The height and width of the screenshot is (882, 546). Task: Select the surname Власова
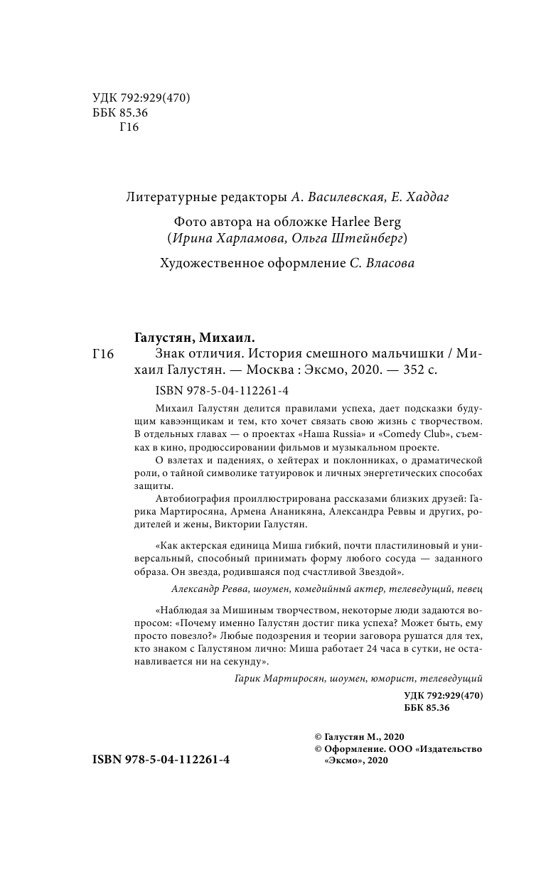(388, 264)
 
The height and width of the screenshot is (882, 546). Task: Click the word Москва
(269, 371)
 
